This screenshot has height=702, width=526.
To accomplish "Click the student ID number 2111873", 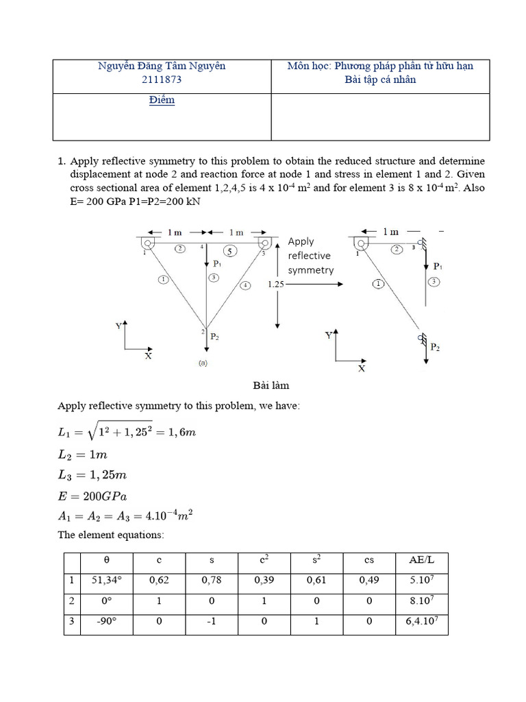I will tap(162, 80).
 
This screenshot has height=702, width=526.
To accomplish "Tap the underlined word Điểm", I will tap(162, 100).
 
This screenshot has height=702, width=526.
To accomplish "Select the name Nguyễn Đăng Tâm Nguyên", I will tap(162, 66).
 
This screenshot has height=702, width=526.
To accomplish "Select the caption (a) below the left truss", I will tap(203, 363).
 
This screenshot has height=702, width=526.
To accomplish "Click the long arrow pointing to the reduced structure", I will tap(312, 282).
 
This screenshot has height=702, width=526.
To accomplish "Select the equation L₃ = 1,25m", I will tap(92, 475).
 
